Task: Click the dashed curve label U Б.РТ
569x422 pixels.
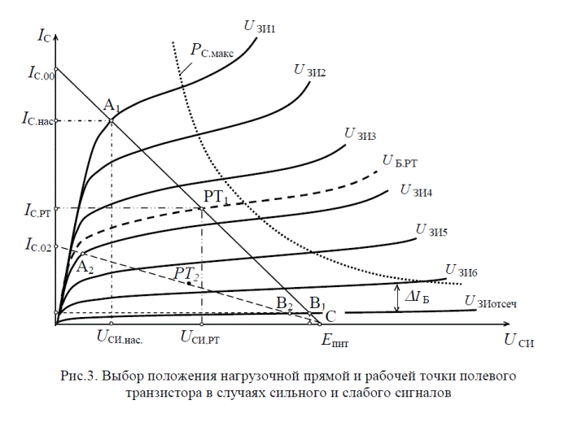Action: [400, 162]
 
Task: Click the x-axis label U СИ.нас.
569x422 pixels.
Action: [120, 335]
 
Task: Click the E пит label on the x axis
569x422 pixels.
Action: [335, 341]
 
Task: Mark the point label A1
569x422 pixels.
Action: [112, 105]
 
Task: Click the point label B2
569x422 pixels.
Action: [284, 303]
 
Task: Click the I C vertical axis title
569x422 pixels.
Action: [46, 37]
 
